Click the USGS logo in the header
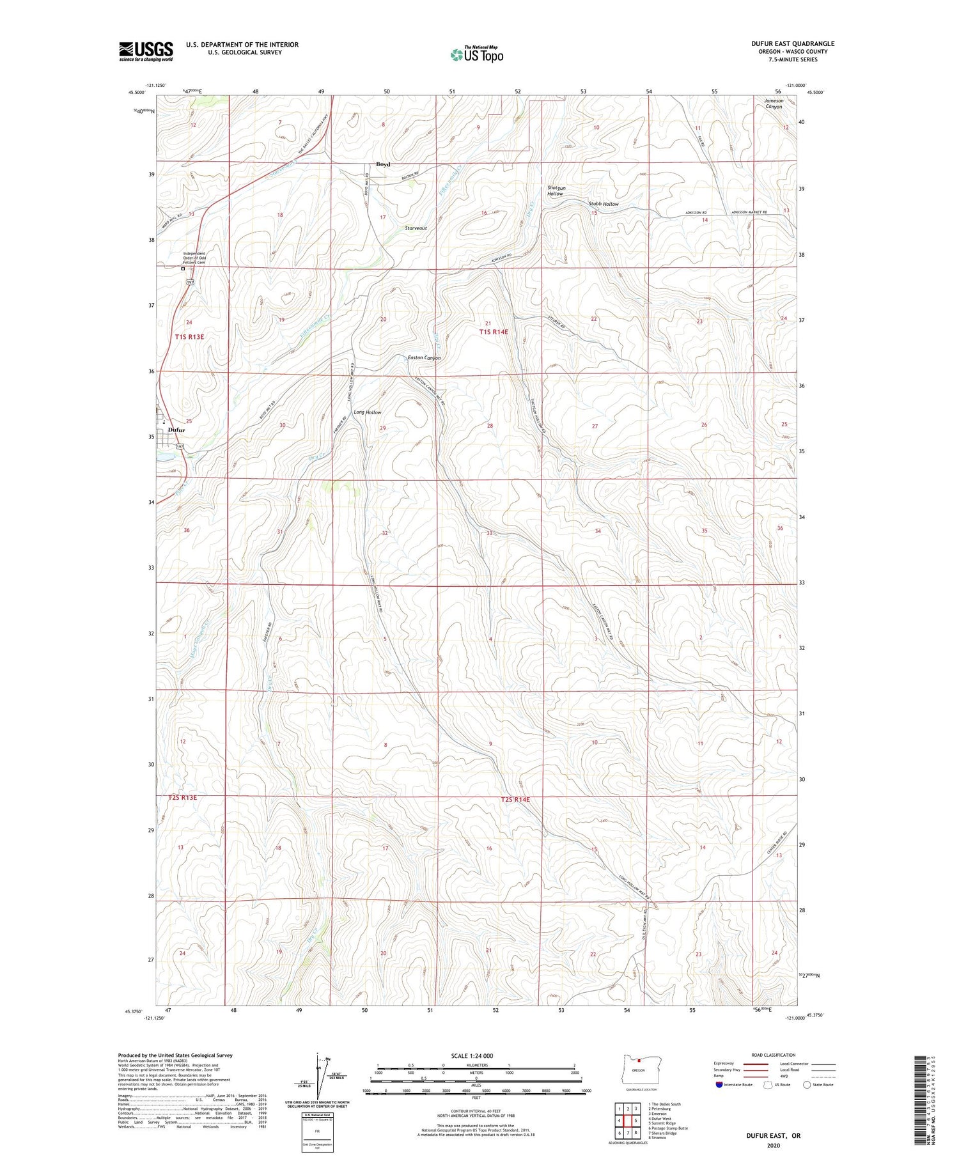click(x=146, y=51)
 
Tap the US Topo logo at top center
click(x=476, y=54)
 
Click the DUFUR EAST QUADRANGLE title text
click(x=793, y=43)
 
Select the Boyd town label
click(x=383, y=164)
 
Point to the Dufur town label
click(x=176, y=430)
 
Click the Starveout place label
click(x=416, y=228)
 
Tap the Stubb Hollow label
click(x=603, y=204)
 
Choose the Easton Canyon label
click(x=424, y=358)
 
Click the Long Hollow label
click(x=368, y=412)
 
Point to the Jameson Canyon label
click(x=774, y=104)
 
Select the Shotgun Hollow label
click(x=556, y=191)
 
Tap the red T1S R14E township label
click(x=494, y=332)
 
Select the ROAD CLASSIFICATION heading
click(x=774, y=1055)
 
